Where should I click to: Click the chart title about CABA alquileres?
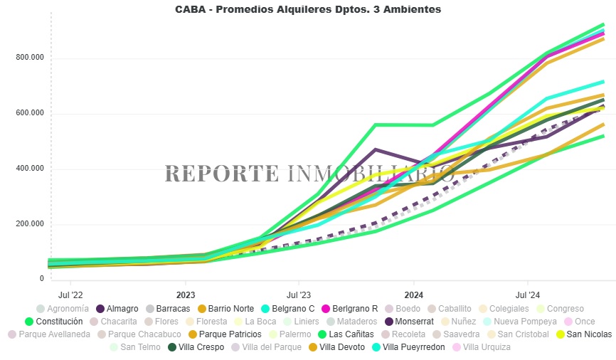pyautogui.click(x=308, y=10)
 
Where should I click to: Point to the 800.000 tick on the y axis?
pyautogui.click(x=30, y=58)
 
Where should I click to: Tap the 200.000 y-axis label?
pyautogui.click(x=30, y=224)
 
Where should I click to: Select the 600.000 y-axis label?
pyautogui.click(x=30, y=113)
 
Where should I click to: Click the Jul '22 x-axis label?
pyautogui.click(x=70, y=294)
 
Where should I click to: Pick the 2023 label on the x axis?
pyautogui.click(x=186, y=294)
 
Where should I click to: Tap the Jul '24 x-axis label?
pyautogui.click(x=527, y=294)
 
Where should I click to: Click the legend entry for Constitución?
pyautogui.click(x=58, y=322)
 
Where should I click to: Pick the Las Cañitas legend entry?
pyautogui.click(x=347, y=334)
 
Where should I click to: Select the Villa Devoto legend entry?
pyautogui.click(x=339, y=347)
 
